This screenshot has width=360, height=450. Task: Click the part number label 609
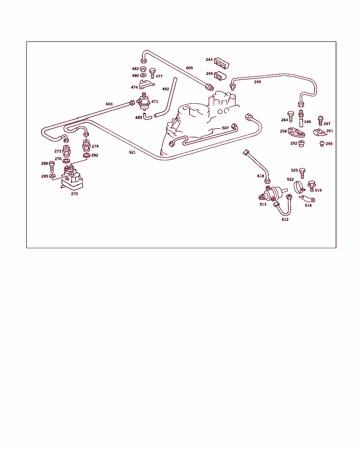[x=189, y=68]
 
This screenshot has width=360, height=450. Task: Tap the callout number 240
[x=257, y=82]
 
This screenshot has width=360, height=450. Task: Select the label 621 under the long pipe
[x=132, y=152]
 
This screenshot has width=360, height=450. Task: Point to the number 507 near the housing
[x=225, y=128]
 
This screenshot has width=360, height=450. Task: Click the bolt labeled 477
[x=152, y=73]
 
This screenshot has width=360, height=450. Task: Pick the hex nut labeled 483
[x=143, y=69]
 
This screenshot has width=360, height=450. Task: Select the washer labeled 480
[x=143, y=75]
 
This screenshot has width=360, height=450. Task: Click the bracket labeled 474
[x=147, y=84]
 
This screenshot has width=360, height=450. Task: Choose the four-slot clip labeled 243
[x=221, y=63]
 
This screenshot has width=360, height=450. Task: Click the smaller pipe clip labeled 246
[x=220, y=76]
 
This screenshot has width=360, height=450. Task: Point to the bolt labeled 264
[x=290, y=116]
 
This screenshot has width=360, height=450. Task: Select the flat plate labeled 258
[x=296, y=133]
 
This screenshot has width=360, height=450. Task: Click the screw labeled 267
[x=321, y=121]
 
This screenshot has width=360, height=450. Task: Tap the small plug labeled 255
[x=322, y=144]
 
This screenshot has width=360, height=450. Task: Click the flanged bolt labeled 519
[x=312, y=186]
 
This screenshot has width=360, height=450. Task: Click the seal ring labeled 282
[x=86, y=155]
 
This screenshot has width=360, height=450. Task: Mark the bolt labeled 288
[x=52, y=167]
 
